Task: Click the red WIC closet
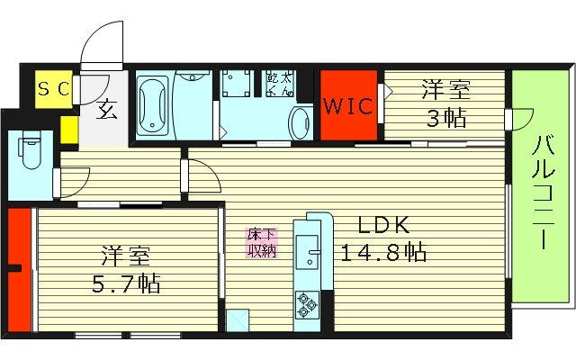(348, 105)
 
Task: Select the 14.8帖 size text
(382, 253)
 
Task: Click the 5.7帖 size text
(126, 284)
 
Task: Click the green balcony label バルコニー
(542, 193)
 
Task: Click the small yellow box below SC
(69, 129)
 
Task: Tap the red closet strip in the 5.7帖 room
(19, 271)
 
